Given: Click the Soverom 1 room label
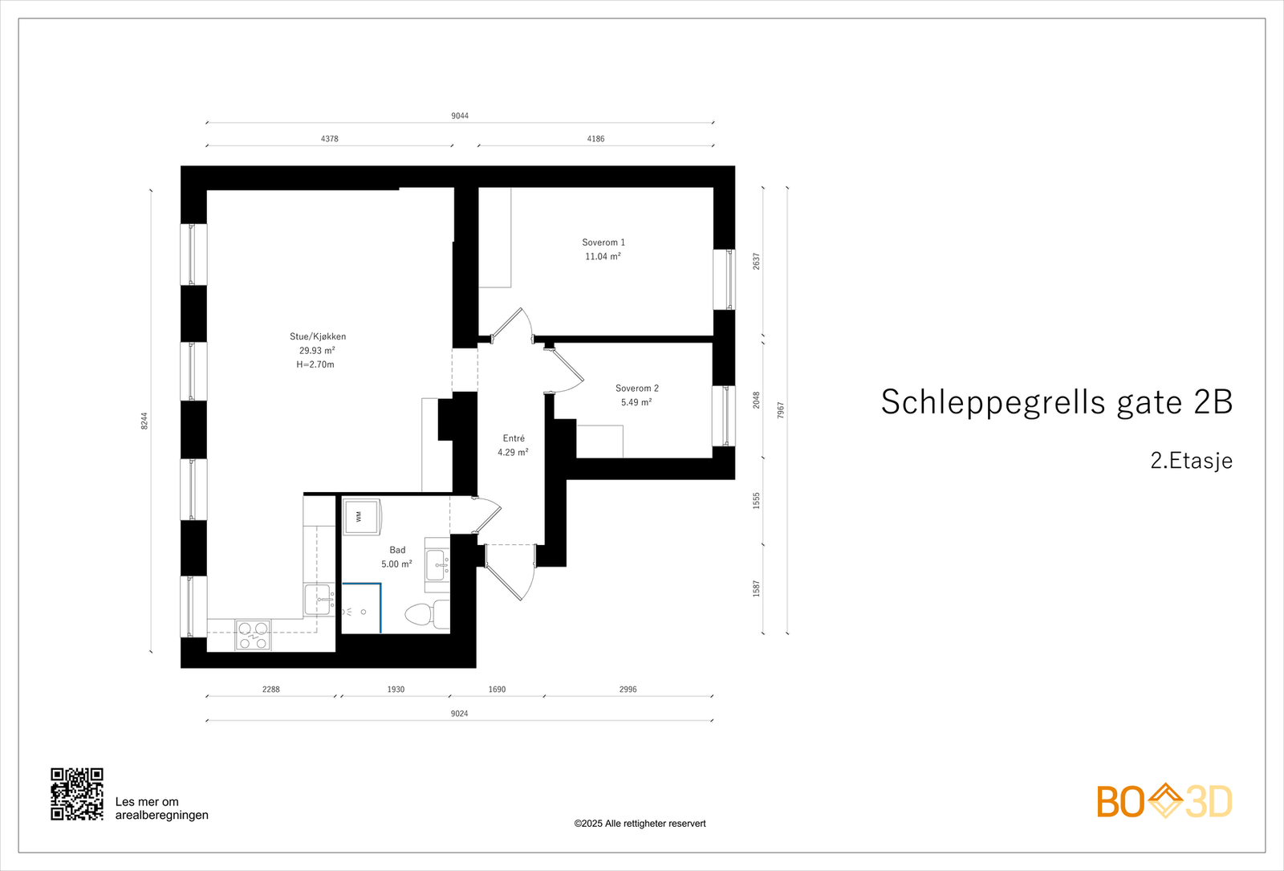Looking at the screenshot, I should tap(603, 242).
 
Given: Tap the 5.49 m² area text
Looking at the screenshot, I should tap(636, 402).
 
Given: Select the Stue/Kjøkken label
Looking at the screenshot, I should tap(318, 336).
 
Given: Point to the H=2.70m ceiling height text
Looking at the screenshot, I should tap(315, 364).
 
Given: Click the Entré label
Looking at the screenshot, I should tap(514, 438).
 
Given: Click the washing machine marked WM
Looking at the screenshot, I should tap(361, 516).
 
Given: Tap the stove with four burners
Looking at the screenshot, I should tap(253, 635).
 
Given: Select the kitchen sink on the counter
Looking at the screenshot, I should tap(319, 599).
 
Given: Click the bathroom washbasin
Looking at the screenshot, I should tap(437, 565).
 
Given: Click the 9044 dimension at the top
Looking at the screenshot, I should tap(460, 116).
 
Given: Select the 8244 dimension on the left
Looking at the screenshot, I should tap(144, 421).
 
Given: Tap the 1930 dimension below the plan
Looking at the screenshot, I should tap(396, 689).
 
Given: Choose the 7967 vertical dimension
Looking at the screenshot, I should tap(781, 410).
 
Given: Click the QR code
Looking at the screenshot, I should tap(77, 794).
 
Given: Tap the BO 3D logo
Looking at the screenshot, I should tap(1164, 801).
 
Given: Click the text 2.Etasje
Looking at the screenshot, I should tap(1191, 461).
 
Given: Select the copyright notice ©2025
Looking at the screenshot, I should tap(640, 824).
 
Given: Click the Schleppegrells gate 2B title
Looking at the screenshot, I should tap(1056, 402).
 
